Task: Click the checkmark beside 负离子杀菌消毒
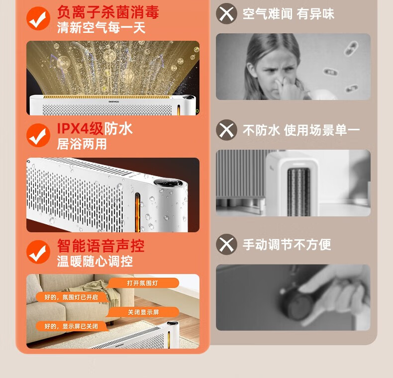38,18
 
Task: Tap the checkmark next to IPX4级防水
38,135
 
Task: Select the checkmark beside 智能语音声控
38,252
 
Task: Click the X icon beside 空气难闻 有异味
226,13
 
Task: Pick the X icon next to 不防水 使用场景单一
226,130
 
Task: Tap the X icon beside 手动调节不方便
226,244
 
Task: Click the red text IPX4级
80,129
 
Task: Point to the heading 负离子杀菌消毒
108,12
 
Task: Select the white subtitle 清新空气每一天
101,27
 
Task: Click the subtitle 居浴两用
82,144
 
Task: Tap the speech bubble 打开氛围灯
143,283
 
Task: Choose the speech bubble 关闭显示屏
143,312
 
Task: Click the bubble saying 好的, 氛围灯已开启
72,297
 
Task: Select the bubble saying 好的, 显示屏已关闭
72,326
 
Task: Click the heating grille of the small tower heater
298,192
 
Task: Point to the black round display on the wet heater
168,183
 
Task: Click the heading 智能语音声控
101,246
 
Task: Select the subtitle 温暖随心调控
95,261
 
